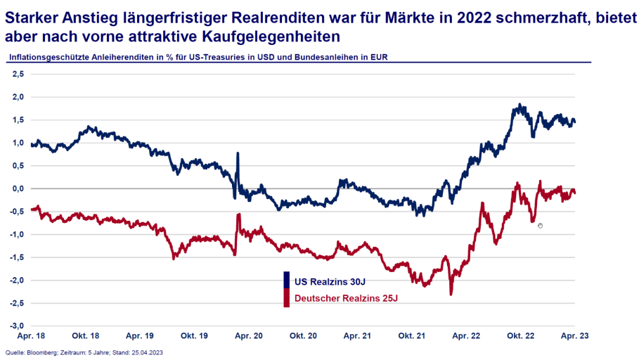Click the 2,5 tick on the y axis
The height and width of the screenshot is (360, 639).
click(18, 74)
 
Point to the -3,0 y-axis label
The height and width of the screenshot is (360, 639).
click(17, 326)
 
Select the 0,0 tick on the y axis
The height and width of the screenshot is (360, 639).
click(18, 189)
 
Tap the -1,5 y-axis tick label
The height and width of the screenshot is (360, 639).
click(17, 257)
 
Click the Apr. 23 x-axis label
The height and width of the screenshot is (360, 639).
click(575, 336)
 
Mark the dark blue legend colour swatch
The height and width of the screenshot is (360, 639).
click(286, 280)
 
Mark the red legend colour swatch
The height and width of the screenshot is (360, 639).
click(286, 298)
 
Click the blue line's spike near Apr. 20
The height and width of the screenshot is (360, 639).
click(238, 153)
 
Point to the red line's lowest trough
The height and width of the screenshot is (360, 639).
click(451, 293)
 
